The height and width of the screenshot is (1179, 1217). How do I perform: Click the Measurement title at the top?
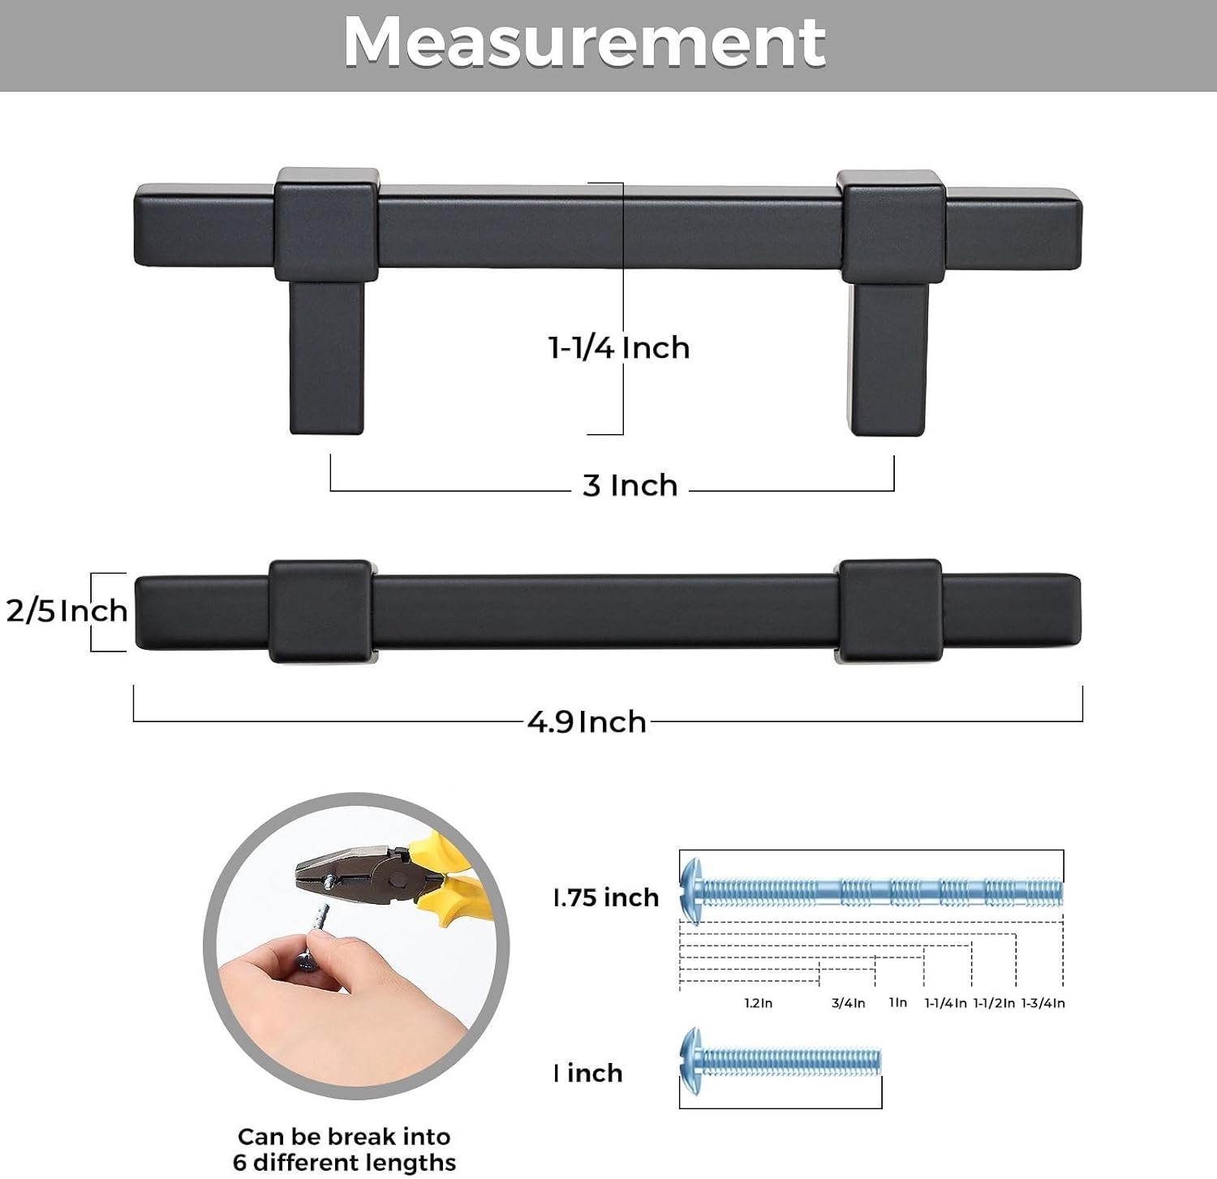coord(584,42)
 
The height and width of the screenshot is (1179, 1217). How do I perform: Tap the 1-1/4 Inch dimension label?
coord(619,347)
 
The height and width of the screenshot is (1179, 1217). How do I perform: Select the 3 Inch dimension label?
coord(630,485)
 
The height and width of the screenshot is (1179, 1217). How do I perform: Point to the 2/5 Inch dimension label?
coord(67,610)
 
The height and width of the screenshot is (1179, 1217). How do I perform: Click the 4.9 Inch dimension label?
coord(587,721)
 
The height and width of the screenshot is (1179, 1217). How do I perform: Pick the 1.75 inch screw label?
coord(605,897)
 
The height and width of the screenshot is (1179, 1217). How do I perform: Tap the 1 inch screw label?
coord(587,1073)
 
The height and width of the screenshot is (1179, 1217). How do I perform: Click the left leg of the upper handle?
coord(326,357)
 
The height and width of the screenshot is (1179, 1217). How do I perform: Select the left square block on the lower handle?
coord(320,611)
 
